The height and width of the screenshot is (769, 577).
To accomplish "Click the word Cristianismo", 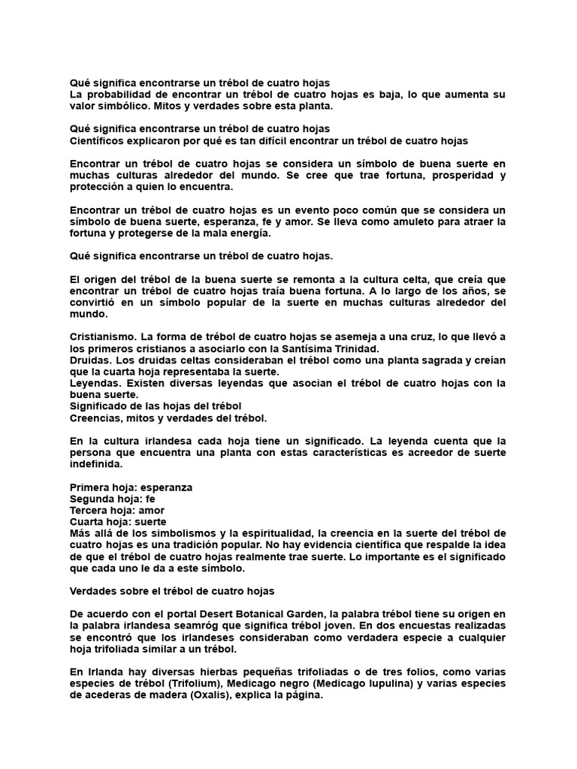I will tap(101, 337).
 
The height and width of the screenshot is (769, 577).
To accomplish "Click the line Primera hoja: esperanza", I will tap(131, 487).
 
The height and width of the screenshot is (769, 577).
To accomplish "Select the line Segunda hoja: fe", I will tap(112, 499).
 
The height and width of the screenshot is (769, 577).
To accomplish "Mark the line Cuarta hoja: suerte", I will tap(118, 521).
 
